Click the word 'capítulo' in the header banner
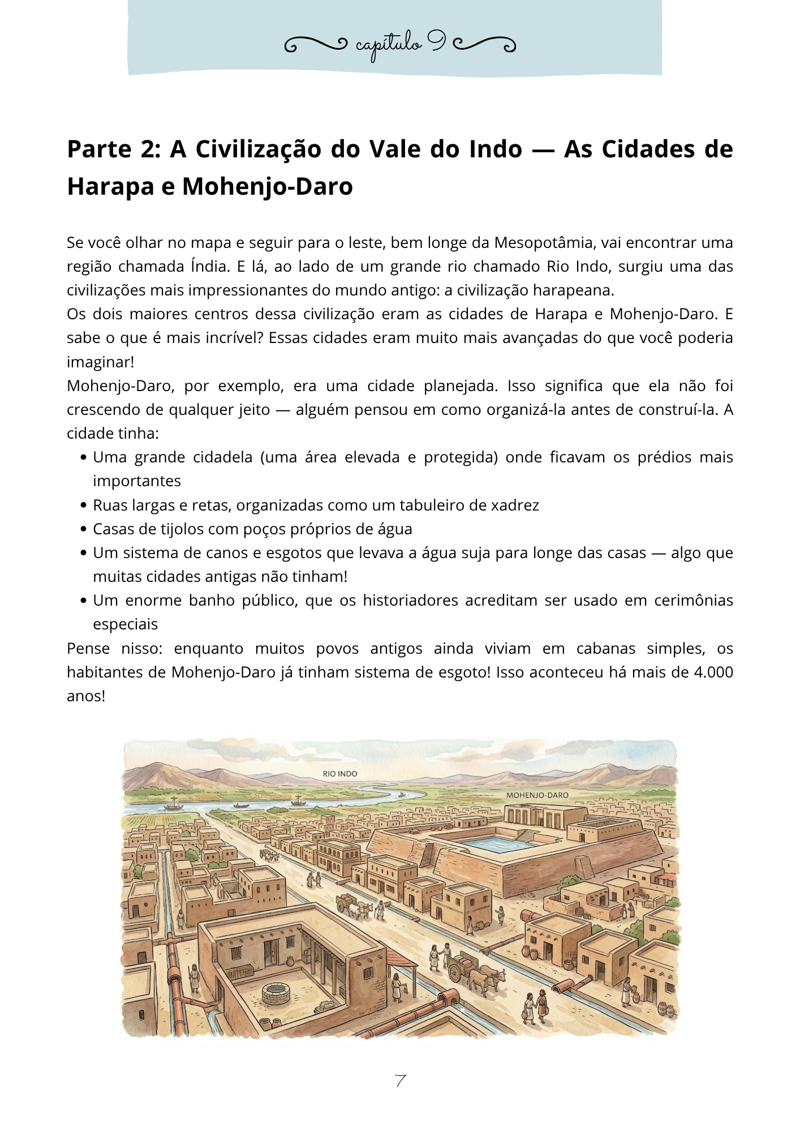389,45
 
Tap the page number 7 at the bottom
400,1081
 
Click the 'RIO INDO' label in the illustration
339,774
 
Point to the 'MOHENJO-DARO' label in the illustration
537,795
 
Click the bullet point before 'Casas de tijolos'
83,529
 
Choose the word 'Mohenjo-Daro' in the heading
267,187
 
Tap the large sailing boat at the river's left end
171,804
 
